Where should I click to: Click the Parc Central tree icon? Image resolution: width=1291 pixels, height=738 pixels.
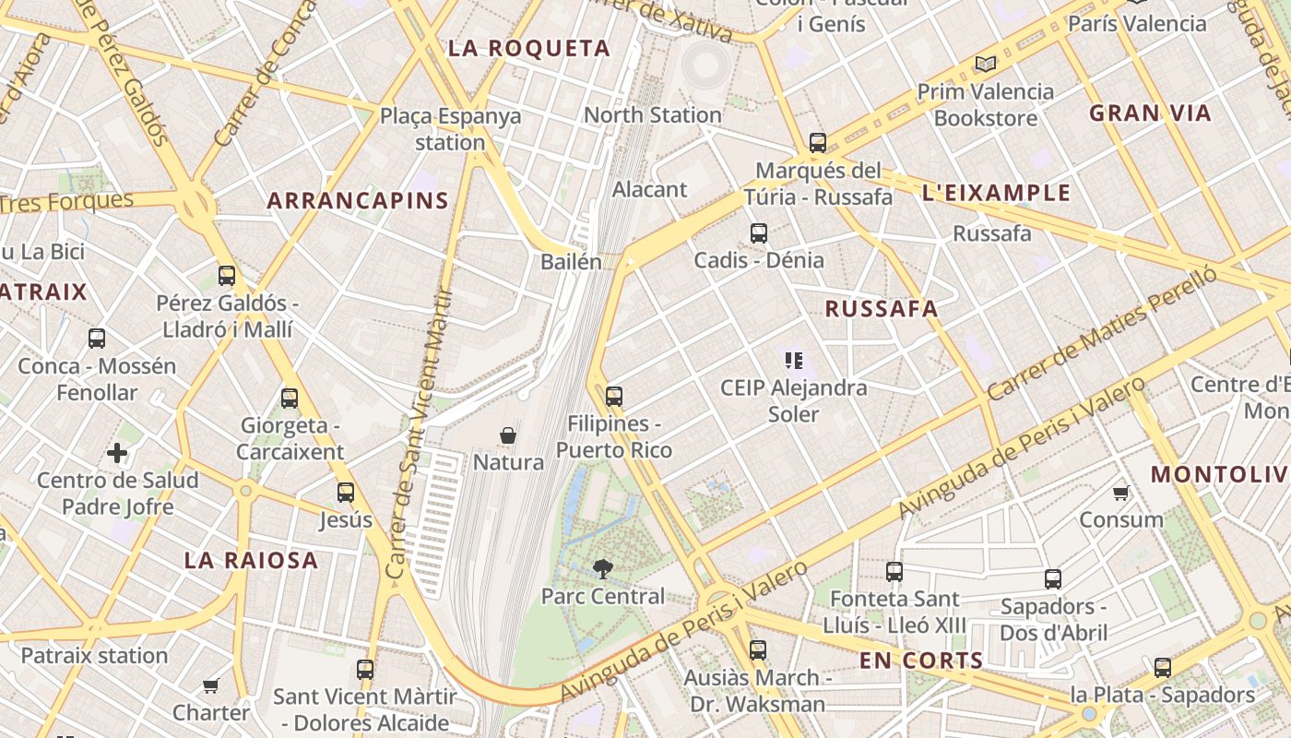click(603, 568)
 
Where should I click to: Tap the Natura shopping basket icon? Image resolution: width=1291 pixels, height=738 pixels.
click(507, 434)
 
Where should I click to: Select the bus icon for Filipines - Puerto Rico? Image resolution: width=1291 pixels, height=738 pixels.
click(614, 396)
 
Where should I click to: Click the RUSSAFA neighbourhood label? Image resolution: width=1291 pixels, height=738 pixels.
click(881, 309)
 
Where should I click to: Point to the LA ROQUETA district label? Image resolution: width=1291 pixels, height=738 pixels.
click(529, 49)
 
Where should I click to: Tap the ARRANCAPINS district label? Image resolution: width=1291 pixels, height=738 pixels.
click(358, 200)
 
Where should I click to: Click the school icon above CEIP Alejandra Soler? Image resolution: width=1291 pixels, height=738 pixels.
click(793, 360)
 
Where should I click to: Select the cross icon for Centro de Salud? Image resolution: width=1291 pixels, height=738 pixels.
click(117, 453)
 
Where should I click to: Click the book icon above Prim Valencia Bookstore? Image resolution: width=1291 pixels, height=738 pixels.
click(985, 64)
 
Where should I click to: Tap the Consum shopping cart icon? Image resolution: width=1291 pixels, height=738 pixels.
click(1121, 493)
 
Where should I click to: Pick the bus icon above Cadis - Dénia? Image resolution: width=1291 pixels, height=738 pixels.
click(759, 232)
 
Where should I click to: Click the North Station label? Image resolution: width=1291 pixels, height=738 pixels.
click(653, 115)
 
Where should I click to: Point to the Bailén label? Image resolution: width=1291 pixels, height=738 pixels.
click(571, 262)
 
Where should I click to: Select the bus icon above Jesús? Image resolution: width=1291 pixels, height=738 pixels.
click(346, 492)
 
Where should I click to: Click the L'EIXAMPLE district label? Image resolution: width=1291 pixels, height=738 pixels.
click(996, 193)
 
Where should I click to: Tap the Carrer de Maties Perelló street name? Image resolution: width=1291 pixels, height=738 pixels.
click(1101, 335)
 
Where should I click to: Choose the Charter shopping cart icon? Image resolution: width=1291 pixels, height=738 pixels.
click(211, 685)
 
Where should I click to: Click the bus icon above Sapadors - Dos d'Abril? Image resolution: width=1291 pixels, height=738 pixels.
click(1053, 579)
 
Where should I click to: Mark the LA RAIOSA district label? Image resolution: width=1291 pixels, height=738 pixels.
click(251, 560)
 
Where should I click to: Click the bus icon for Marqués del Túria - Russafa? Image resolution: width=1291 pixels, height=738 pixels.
click(818, 142)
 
